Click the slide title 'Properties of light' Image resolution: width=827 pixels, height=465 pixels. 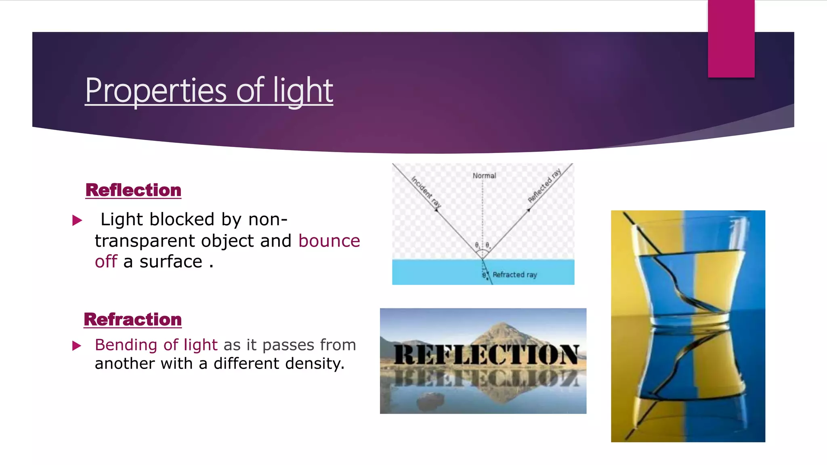point(209,90)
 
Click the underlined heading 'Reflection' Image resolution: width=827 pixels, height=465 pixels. point(133,190)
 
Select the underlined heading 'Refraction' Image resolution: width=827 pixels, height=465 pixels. point(133,319)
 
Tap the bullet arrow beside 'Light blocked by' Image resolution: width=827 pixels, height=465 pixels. point(77,220)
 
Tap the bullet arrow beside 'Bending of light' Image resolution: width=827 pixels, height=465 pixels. point(77,346)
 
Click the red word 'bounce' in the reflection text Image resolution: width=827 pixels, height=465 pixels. point(329,241)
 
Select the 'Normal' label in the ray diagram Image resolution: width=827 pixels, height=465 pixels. point(484,176)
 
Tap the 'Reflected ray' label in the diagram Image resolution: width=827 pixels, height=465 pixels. point(544,186)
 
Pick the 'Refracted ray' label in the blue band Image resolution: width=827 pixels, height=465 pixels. point(514,275)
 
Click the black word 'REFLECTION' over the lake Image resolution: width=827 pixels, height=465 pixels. point(486,355)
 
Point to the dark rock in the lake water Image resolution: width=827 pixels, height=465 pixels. point(430,400)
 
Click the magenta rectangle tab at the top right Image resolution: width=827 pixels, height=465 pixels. point(731,38)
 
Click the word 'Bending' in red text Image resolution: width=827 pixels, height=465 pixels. point(126,345)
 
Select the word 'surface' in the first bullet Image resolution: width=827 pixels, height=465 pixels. point(171,262)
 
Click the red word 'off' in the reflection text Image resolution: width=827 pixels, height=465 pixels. point(106,262)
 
